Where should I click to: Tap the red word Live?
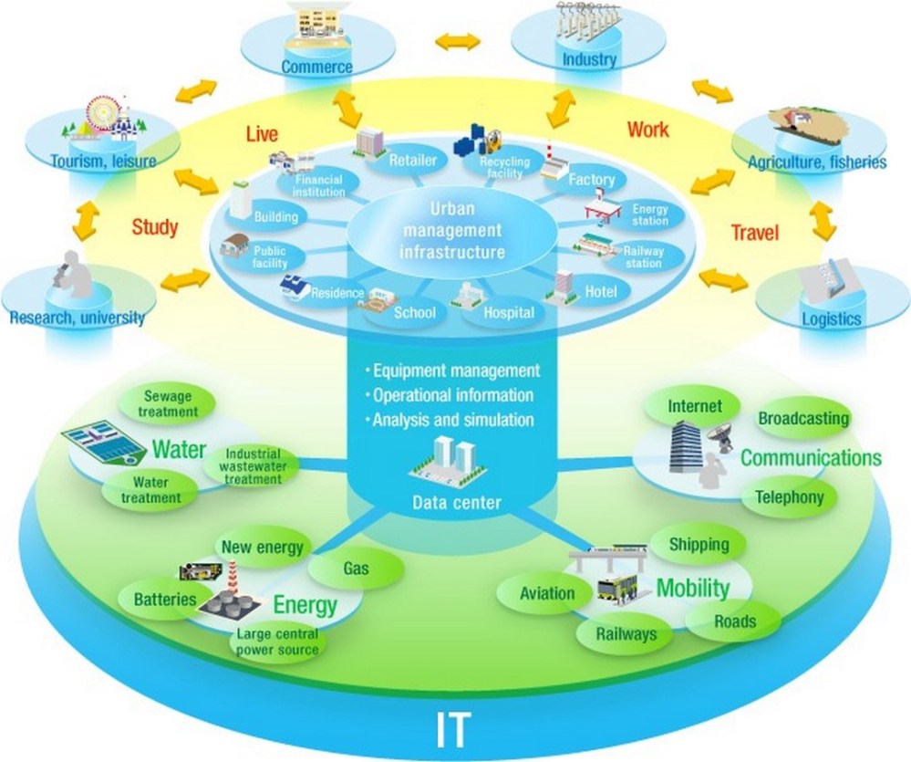[263, 134]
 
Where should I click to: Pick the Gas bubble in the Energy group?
[355, 568]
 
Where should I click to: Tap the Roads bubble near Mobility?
[735, 621]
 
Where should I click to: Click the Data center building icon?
[453, 461]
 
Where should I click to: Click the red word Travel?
[755, 234]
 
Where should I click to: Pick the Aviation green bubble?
[547, 593]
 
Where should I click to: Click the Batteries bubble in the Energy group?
[165, 600]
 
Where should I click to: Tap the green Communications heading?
[811, 457]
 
